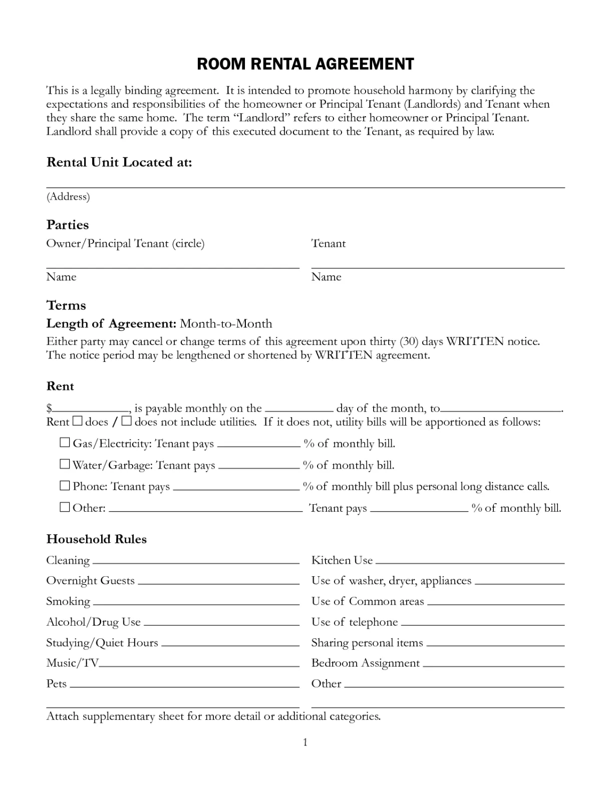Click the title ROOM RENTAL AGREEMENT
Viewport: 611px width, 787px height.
click(x=305, y=64)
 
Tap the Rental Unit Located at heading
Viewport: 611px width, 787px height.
click(x=119, y=162)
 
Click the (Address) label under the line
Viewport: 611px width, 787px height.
click(x=68, y=196)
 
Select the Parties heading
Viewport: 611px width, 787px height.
click(x=67, y=225)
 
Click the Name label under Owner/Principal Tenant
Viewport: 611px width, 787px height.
click(x=61, y=277)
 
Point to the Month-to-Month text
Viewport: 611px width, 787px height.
click(x=226, y=323)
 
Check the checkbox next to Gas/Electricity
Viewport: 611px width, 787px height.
click(x=65, y=443)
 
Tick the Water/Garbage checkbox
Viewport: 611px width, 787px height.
click(x=65, y=464)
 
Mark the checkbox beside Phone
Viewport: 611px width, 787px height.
click(x=65, y=485)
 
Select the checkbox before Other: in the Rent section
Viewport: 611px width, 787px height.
click(x=65, y=507)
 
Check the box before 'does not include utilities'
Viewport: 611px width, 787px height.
click(x=126, y=421)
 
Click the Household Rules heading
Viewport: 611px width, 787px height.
click(x=96, y=539)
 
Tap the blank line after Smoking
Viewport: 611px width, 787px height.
click(x=196, y=604)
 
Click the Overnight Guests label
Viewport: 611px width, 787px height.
click(x=90, y=581)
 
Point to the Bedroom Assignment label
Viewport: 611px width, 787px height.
click(x=365, y=663)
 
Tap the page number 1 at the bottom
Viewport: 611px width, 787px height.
click(x=305, y=742)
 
